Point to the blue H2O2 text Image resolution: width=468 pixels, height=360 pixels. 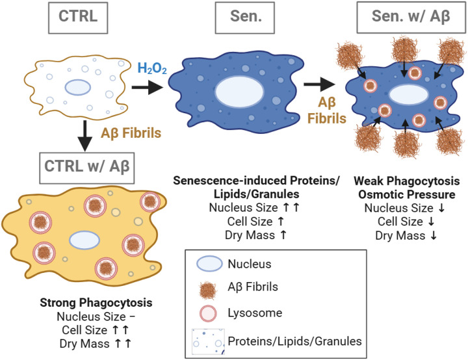coord(152,68)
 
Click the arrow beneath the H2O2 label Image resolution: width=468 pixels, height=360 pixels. coord(148,87)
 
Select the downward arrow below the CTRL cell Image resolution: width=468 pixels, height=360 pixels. coord(85,136)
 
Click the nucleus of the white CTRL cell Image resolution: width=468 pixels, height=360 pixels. coord(78,87)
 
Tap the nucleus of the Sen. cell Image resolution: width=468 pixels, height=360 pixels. coord(239,92)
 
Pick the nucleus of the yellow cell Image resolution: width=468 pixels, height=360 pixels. coord(84,240)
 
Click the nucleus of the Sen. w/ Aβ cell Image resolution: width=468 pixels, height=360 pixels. coord(409,94)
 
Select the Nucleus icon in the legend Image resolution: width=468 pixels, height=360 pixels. coord(209,263)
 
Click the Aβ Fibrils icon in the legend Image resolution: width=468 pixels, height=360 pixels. coord(208,290)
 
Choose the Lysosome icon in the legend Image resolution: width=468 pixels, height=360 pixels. coord(208,313)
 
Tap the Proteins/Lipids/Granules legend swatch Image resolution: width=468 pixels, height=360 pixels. coord(208,342)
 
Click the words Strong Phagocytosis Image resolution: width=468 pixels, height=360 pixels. coord(96,302)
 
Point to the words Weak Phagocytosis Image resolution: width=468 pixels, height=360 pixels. coord(406,181)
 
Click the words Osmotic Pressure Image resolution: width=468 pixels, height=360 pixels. coord(407,194)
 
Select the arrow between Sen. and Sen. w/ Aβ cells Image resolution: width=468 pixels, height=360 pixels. coord(319,84)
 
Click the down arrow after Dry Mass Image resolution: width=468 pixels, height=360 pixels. coord(434,235)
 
